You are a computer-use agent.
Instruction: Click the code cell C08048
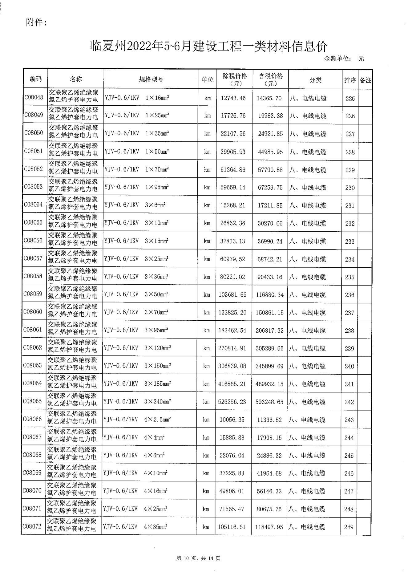[x=34, y=98]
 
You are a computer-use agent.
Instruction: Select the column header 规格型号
[x=151, y=79]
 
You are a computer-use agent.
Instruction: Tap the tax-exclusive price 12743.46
[x=233, y=98]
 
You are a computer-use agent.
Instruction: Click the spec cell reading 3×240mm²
[x=137, y=402]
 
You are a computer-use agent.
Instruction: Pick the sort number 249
[x=349, y=527]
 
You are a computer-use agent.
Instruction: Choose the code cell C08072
[x=32, y=526]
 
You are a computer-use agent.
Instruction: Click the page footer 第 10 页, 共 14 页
[x=198, y=558]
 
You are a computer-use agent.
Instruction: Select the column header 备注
[x=365, y=80]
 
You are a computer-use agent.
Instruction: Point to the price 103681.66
[x=232, y=295]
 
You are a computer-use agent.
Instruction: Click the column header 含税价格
[x=270, y=79]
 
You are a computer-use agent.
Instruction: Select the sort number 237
[x=349, y=313]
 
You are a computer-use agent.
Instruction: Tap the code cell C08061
[x=33, y=330]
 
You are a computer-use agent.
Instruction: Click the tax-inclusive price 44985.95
[x=270, y=152]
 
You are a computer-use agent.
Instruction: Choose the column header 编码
[x=36, y=79]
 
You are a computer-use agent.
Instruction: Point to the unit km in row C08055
[x=207, y=223]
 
